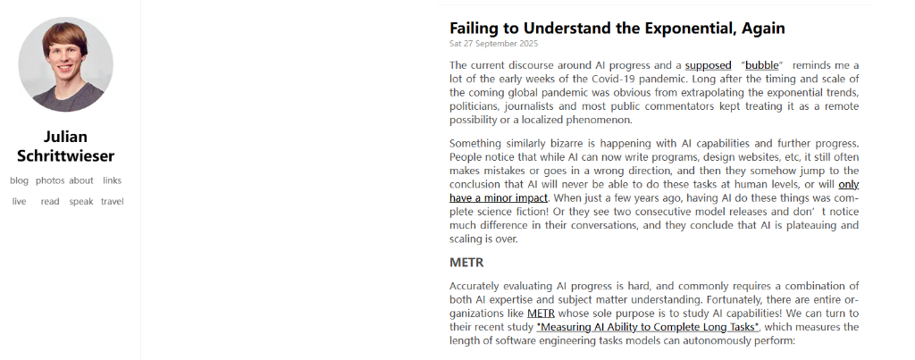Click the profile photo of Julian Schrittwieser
65,63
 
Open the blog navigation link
19,180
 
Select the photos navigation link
50,180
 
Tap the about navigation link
81,180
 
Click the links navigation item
112,180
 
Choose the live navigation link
19,202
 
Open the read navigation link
50,202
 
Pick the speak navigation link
81,202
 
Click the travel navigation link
113,202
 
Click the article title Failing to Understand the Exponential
617,28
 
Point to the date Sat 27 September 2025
493,43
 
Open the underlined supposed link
708,65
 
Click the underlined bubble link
762,65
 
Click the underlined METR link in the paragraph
541,314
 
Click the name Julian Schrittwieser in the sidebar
65,147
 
